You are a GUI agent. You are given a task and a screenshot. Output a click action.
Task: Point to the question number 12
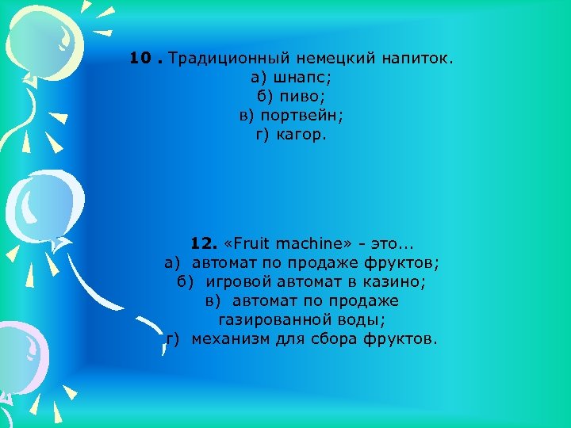coord(204,243)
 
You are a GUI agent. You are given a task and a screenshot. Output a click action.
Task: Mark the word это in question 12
coord(393,243)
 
